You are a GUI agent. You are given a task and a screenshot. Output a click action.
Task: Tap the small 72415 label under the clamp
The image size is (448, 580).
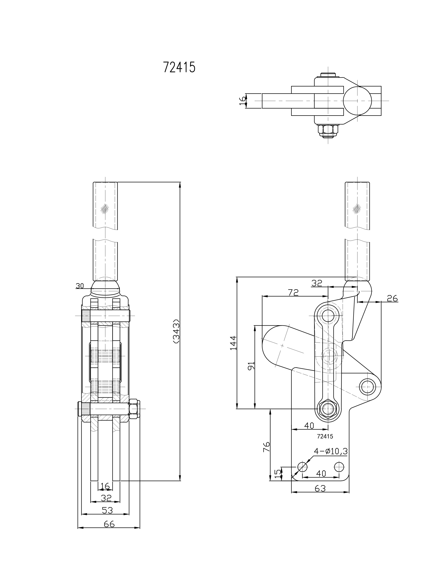[325, 436]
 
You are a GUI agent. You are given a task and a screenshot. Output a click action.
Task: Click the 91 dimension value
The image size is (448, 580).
[251, 365]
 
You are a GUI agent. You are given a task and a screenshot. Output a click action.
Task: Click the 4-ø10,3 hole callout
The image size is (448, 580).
[330, 451]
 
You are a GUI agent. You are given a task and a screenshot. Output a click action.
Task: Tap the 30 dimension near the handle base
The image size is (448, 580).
[80, 286]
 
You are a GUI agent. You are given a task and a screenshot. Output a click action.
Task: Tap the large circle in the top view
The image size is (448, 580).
[357, 101]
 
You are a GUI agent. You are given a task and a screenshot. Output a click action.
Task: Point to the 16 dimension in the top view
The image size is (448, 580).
[242, 101]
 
